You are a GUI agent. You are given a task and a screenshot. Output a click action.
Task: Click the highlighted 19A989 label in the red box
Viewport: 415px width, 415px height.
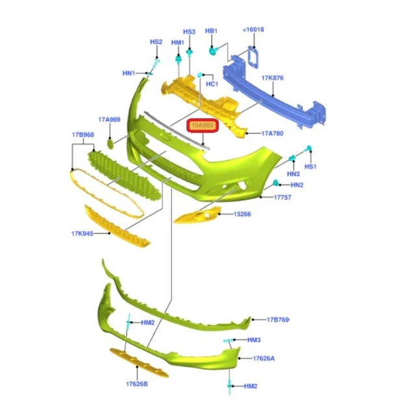click(x=203, y=126)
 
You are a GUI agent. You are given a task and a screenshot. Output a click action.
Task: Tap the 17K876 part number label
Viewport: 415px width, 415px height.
click(x=273, y=78)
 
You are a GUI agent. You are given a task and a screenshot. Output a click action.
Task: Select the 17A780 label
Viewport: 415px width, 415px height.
click(x=273, y=134)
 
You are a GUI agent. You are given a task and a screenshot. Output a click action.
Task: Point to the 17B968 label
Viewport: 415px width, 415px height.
click(x=82, y=135)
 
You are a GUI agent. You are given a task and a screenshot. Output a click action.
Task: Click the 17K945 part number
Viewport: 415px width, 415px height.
click(x=82, y=233)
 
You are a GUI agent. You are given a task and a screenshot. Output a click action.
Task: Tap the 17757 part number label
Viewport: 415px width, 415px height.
click(x=283, y=196)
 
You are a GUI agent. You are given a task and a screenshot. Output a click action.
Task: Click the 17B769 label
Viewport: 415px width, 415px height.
click(x=279, y=320)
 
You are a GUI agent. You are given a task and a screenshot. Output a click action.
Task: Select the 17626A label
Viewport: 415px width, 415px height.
click(x=264, y=358)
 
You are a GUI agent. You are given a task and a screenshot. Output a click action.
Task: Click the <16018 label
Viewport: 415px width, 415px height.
click(x=253, y=30)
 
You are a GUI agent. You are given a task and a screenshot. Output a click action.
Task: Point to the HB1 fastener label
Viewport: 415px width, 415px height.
click(x=212, y=30)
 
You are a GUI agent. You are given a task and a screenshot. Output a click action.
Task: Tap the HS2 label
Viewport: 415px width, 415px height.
click(x=156, y=42)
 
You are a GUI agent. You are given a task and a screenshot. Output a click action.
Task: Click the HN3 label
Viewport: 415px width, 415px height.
click(x=293, y=174)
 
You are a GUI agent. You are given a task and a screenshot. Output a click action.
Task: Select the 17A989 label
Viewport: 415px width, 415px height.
click(x=109, y=120)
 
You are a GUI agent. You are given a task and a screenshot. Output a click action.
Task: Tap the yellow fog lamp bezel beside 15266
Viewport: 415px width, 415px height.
click(x=198, y=216)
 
